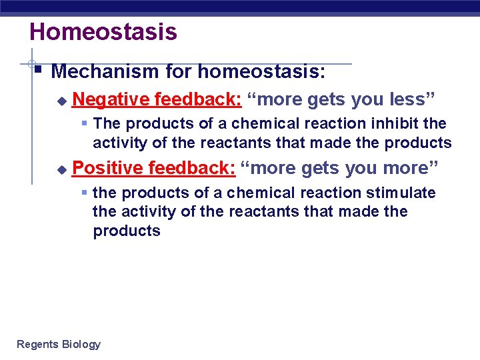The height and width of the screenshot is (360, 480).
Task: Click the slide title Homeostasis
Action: pyautogui.click(x=103, y=31)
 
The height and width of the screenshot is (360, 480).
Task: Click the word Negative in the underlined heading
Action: pyautogui.click(x=111, y=99)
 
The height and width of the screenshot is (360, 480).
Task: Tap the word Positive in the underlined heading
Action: pyautogui.click(x=107, y=168)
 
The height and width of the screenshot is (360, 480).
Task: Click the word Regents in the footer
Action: pyautogui.click(x=37, y=344)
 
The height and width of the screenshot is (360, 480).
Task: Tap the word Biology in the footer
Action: pyautogui.click(x=81, y=344)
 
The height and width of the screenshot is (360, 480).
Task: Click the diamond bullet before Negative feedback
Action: pyautogui.click(x=61, y=101)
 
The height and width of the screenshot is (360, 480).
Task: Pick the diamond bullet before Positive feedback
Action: pyautogui.click(x=61, y=170)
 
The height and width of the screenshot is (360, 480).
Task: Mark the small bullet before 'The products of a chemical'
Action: pyautogui.click(x=84, y=123)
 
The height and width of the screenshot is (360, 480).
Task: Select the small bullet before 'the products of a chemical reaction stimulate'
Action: pyautogui.click(x=84, y=193)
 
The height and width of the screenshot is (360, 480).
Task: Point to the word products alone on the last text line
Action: pyautogui.click(x=127, y=231)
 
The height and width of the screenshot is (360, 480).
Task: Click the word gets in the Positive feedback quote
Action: pyautogui.click(x=320, y=168)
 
